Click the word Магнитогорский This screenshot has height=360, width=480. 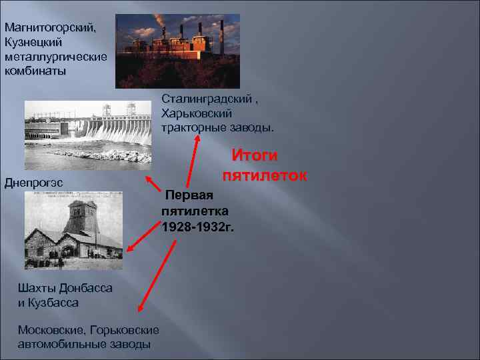coord(50,28)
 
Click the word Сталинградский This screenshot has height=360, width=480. coord(206,99)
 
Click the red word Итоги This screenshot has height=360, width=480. coord(254,155)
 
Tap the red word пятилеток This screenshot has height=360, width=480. coord(265,176)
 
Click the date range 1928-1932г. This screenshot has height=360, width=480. coord(198,227)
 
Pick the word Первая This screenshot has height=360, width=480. coord(189,195)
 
